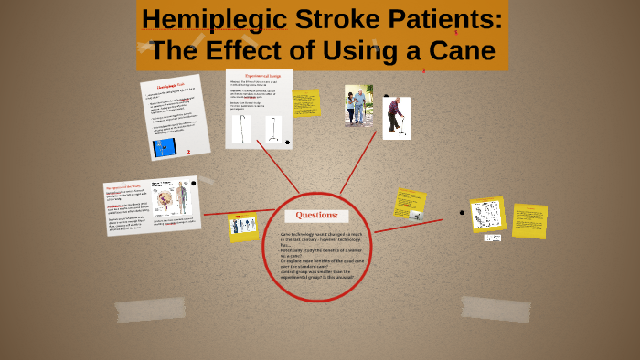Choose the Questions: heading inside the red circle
point(316,216)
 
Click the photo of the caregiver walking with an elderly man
point(358,105)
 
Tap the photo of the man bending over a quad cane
point(396,118)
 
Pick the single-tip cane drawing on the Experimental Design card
point(242,129)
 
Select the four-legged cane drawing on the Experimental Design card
point(272,129)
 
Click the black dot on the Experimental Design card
point(288,143)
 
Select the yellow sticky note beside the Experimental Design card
point(305,103)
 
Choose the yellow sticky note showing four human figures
point(243,227)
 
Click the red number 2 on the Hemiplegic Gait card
point(188,152)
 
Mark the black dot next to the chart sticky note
point(462,212)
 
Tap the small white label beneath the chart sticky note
point(492,238)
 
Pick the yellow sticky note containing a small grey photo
point(410,203)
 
